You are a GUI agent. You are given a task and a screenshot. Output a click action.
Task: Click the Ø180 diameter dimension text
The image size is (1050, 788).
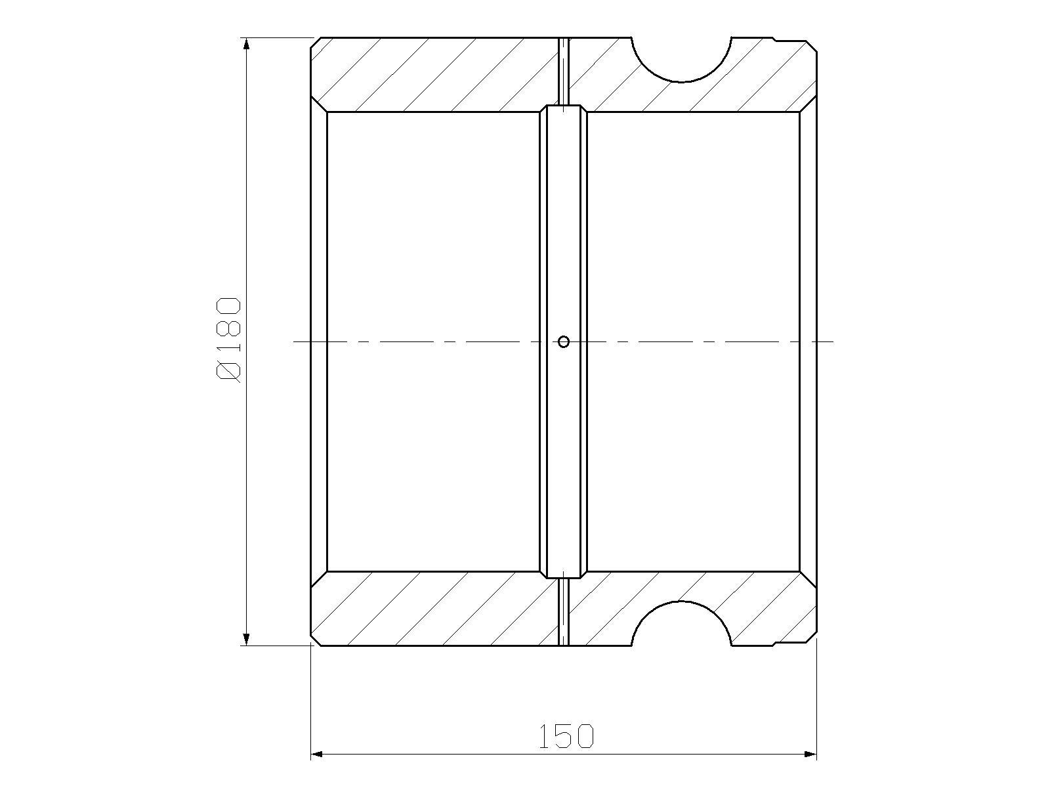click(x=228, y=339)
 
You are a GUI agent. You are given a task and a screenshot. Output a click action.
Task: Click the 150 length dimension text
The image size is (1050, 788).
click(x=566, y=736)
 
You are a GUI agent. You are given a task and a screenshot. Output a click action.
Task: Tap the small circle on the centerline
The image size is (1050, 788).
click(x=564, y=341)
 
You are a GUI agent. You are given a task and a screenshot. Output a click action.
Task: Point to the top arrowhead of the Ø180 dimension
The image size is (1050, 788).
click(x=246, y=44)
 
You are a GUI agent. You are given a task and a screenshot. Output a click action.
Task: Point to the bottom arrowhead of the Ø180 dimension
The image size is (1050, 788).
click(x=246, y=639)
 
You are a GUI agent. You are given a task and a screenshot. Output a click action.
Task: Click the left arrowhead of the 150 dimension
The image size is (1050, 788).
click(x=317, y=755)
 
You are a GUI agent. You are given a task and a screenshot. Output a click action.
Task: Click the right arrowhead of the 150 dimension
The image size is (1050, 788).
click(x=810, y=755)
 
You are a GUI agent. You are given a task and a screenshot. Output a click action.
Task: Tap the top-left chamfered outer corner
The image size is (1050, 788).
click(x=316, y=43)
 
